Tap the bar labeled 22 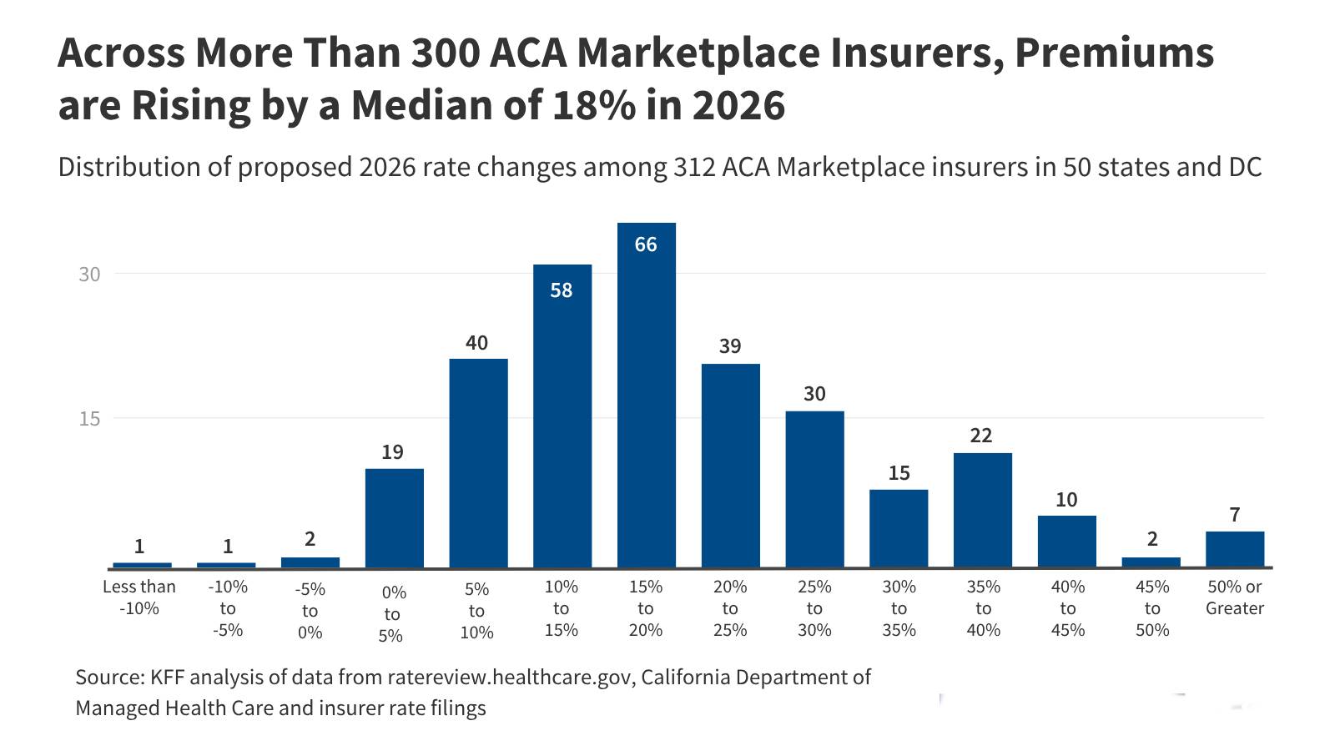pyautogui.click(x=982, y=510)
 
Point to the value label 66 pyautogui.click(x=646, y=244)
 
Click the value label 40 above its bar pyautogui.click(x=476, y=343)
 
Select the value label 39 pyautogui.click(x=730, y=346)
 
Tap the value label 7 pyautogui.click(x=1235, y=515)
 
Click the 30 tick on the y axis pyautogui.click(x=89, y=275)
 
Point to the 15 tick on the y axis pyautogui.click(x=89, y=419)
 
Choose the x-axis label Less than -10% pyautogui.click(x=139, y=597)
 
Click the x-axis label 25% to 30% pyautogui.click(x=814, y=608)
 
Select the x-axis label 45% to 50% pyautogui.click(x=1152, y=608)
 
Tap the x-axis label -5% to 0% pyautogui.click(x=310, y=611)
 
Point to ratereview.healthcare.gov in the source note pyautogui.click(x=510, y=677)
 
